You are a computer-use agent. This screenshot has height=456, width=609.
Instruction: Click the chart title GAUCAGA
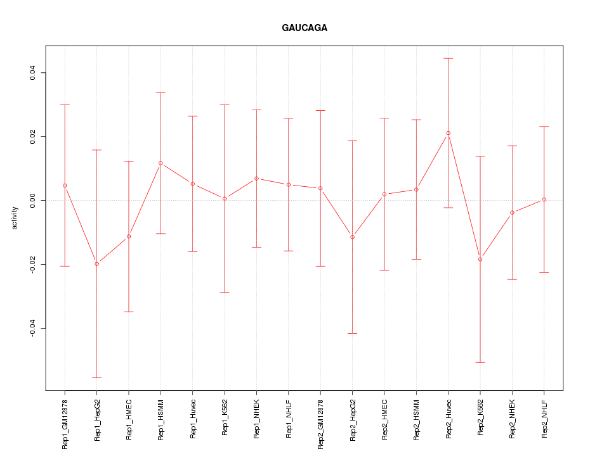click(304, 28)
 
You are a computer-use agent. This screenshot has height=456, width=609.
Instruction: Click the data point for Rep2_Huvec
click(448, 133)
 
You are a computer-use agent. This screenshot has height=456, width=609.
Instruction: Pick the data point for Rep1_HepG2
click(96, 263)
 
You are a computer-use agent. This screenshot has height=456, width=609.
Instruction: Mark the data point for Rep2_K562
click(480, 259)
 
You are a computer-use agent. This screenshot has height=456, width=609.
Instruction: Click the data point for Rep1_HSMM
click(160, 163)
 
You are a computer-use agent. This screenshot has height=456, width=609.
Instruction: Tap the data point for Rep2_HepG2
click(352, 237)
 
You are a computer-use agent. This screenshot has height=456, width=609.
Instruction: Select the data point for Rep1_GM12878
click(65, 185)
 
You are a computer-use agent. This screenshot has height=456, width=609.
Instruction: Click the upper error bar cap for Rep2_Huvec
click(448, 58)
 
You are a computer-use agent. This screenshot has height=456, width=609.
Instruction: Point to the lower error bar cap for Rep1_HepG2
click(96, 377)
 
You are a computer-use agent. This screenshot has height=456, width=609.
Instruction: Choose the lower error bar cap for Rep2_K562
click(480, 362)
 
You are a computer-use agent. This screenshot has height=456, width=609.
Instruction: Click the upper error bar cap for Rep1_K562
click(225, 104)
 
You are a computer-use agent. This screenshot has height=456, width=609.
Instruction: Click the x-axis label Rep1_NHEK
click(256, 419)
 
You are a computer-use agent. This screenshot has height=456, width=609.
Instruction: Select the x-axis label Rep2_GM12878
click(320, 424)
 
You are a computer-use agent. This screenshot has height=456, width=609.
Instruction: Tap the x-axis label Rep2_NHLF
click(544, 419)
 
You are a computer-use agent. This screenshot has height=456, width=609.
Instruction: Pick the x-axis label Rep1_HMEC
click(129, 419)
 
